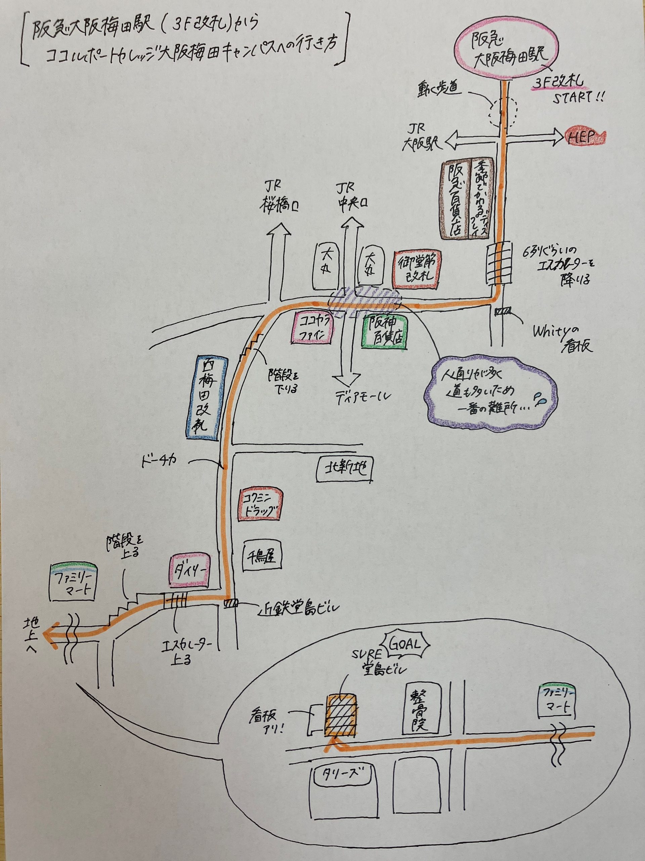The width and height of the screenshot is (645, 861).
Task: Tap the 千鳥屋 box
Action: [x=262, y=557]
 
